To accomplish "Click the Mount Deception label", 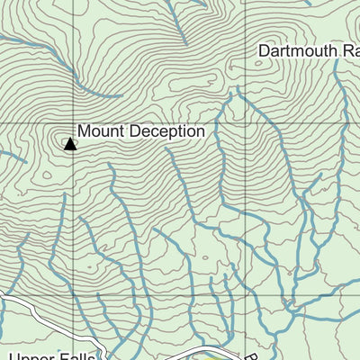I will tap(141, 131).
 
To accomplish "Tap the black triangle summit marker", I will tap(70, 142).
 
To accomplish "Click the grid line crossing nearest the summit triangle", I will tap(74, 123).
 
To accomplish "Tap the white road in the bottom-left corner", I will tap(27, 310).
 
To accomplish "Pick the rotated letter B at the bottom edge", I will tap(253, 355).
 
